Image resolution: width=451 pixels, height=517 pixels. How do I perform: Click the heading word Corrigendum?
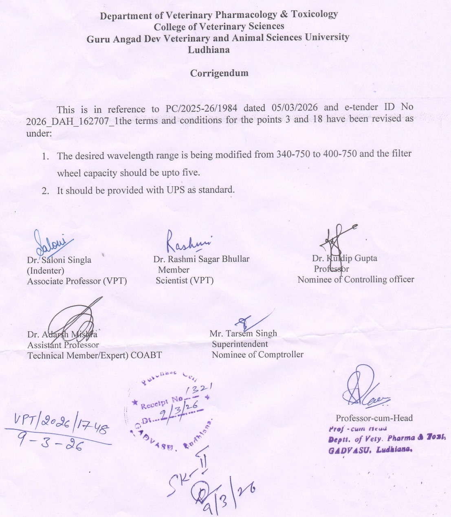tap(219, 73)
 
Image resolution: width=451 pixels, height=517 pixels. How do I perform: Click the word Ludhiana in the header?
tap(209, 50)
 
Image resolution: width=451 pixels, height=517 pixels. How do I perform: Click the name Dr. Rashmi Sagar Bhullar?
tap(201, 259)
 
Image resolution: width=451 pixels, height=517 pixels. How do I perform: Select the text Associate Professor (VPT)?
tap(77, 281)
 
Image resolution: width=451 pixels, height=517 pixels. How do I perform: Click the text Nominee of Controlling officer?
tap(356, 279)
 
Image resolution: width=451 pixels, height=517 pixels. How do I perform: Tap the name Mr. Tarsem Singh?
tap(243, 334)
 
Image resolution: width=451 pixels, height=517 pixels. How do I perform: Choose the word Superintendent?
tap(240, 344)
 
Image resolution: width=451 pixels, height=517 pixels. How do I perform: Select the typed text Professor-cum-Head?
tap(374, 418)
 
